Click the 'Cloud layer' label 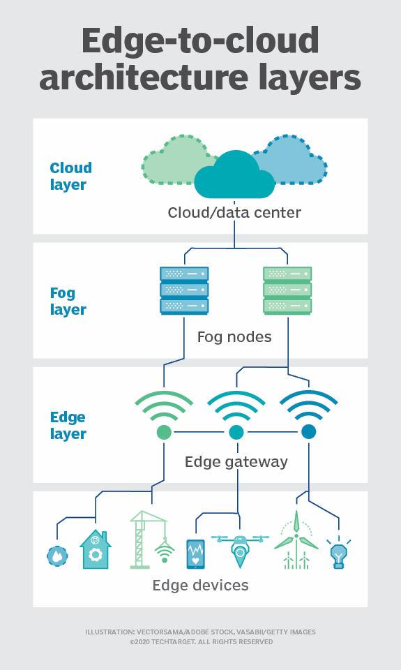point(70,177)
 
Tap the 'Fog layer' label point(68,301)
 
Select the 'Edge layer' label point(68,426)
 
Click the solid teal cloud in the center point(234,177)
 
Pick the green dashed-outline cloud point(174,160)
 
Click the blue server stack point(184,290)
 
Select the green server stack point(287,290)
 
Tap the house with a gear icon point(96,550)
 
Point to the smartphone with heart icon point(196,554)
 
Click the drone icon point(240,547)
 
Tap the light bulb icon point(339,554)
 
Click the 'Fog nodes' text point(234,338)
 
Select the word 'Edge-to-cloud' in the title point(200,42)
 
